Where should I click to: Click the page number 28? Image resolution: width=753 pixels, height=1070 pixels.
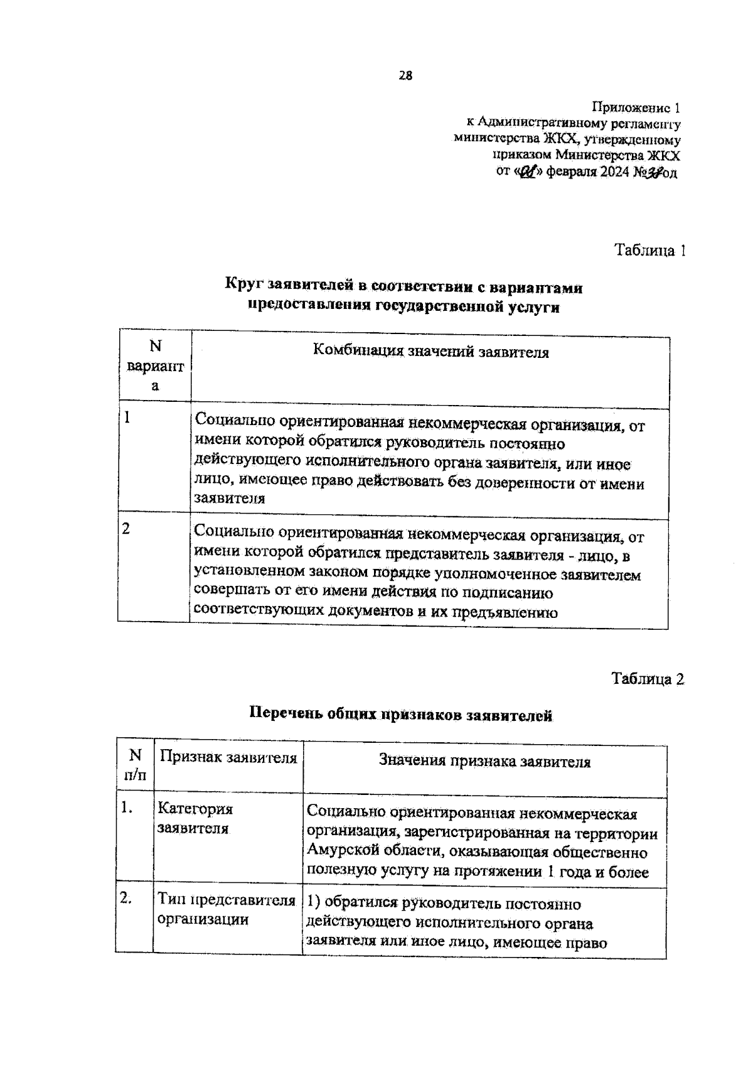pos(405,76)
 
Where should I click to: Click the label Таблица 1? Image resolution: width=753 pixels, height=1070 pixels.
pos(649,251)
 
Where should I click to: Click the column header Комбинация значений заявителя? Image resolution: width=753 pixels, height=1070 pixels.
pos(430,352)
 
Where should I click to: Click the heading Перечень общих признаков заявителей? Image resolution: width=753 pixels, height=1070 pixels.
pos(401,714)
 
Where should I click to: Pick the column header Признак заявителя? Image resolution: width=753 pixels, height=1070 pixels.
pos(228,757)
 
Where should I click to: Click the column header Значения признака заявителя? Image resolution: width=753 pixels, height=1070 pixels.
pos(484,762)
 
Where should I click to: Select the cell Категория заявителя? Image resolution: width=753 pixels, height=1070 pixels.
pos(195,818)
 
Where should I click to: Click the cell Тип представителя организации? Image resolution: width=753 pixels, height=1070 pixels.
pos(226,909)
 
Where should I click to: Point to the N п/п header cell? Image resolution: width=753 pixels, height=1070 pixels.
pos(135,764)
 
